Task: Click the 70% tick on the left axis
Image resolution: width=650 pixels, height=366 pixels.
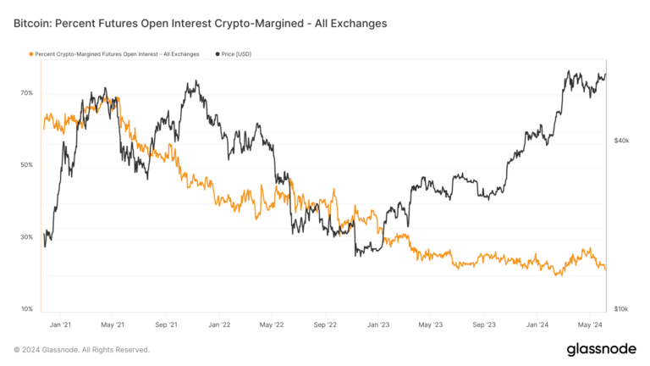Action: (27, 93)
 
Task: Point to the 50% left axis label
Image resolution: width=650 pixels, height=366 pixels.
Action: (27, 165)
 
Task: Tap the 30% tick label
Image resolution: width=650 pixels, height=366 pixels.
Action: (27, 237)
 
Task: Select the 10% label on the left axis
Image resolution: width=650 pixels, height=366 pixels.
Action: (27, 309)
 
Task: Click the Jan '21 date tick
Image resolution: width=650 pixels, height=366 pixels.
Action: (60, 324)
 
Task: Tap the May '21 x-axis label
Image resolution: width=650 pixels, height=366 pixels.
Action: (113, 324)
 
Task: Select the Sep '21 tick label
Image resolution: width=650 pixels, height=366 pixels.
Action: (167, 324)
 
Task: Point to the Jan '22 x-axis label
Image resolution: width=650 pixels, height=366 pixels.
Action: (219, 324)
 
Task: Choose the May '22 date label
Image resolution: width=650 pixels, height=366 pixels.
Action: (272, 324)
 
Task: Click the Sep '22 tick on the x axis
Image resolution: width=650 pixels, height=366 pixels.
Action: (326, 324)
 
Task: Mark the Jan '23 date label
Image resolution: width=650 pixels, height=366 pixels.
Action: (378, 324)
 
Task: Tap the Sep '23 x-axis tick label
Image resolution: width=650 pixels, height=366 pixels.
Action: (485, 324)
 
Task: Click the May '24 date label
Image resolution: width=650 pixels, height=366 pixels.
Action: (591, 324)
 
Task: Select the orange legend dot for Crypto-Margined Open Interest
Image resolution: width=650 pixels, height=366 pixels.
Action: (31, 54)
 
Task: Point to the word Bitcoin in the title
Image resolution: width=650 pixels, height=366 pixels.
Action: (35, 24)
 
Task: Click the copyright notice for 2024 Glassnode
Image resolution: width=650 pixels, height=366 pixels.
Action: (81, 349)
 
